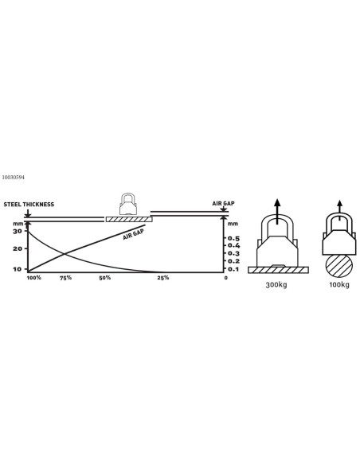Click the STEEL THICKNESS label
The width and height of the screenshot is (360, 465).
pos(29,205)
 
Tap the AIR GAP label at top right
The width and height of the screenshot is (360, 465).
pos(223,204)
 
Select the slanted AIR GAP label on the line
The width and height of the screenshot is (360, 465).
pos(134,234)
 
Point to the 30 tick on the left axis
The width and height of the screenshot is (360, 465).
pos(18,231)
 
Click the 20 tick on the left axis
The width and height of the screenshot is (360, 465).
pos(18,248)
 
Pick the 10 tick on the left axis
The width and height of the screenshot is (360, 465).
pos(18,269)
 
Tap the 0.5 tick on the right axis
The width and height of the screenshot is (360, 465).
pos(233,238)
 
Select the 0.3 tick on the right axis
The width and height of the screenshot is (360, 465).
pos(233,253)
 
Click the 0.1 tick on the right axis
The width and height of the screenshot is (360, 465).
pos(233,269)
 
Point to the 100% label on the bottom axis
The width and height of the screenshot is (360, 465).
pos(34,278)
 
